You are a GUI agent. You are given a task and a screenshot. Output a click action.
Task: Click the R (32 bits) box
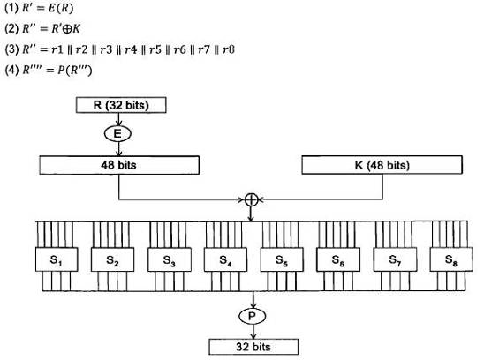(x=121, y=105)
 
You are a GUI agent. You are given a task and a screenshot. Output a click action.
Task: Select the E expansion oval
(x=117, y=134)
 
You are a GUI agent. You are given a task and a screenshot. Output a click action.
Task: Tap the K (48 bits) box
(x=382, y=165)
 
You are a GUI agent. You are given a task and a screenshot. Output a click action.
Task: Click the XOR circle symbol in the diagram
(x=251, y=200)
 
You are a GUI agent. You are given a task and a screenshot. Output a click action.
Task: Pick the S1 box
(x=57, y=259)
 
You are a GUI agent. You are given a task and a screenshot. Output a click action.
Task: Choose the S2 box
(x=113, y=259)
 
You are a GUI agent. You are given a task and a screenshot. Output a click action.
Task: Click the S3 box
(x=170, y=259)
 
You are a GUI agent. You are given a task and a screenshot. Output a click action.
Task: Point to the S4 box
(x=225, y=259)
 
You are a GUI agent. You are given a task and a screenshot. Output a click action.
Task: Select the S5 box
(x=282, y=259)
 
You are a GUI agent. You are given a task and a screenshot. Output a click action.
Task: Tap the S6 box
(x=338, y=259)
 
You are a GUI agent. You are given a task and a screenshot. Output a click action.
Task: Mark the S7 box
(x=395, y=259)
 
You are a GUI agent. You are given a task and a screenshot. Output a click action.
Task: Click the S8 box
(x=451, y=259)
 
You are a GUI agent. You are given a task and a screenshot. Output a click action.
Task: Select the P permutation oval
(x=253, y=316)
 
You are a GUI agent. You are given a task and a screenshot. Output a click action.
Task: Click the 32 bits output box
(x=253, y=347)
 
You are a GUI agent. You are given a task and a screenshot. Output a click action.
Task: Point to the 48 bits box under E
(x=119, y=165)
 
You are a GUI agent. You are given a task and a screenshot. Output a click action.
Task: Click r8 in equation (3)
(x=229, y=49)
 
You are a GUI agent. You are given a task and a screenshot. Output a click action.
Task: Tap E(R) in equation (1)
(x=61, y=8)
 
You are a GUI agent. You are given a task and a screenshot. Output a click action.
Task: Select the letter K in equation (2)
(x=76, y=28)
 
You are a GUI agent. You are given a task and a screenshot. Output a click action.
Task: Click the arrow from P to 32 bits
(x=253, y=332)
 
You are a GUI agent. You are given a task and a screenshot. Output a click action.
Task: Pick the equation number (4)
(x=12, y=70)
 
